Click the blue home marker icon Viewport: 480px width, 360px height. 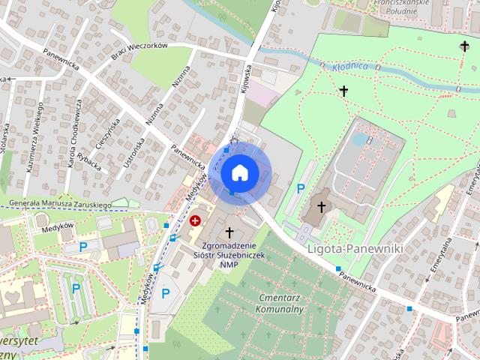(239, 173)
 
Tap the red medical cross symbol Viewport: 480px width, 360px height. (196, 220)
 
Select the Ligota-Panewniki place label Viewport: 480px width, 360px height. (355, 247)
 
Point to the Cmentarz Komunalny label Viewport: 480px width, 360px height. (278, 303)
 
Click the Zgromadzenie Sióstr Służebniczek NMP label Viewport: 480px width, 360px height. (225, 255)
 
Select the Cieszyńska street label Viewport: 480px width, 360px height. (106, 136)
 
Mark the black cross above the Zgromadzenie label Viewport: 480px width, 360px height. (229, 232)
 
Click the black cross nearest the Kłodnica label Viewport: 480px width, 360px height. (344, 91)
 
